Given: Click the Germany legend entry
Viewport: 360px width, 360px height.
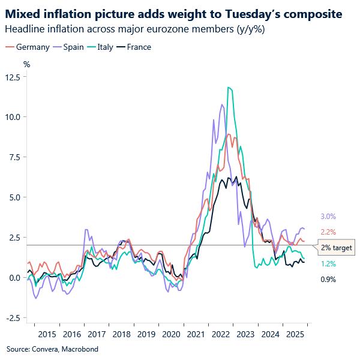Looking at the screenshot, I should click(x=28, y=47).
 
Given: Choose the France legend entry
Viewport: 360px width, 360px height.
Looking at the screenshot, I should click(x=136, y=47).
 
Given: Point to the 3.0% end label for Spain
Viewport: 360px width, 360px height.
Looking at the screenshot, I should click(x=328, y=217).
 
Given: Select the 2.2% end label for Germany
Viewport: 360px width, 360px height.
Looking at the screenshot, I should click(x=328, y=232).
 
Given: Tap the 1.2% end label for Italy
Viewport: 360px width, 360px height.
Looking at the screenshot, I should click(x=328, y=264).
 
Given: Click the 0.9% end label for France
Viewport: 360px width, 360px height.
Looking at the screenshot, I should click(x=328, y=279).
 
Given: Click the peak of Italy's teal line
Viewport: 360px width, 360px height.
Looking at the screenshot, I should click(x=229, y=88).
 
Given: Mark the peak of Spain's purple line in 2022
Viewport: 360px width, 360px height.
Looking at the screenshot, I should click(x=222, y=105).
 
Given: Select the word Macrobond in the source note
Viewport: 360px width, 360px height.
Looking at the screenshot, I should click(x=82, y=349).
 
